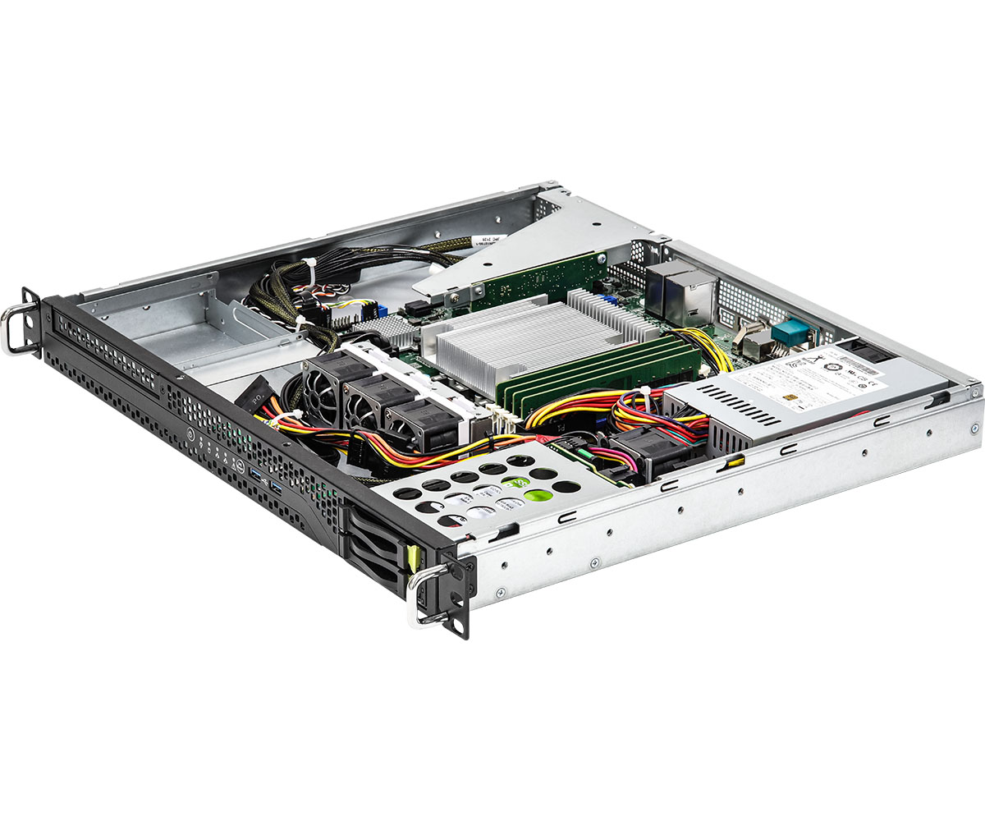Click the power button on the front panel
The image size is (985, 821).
(x=190, y=435)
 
